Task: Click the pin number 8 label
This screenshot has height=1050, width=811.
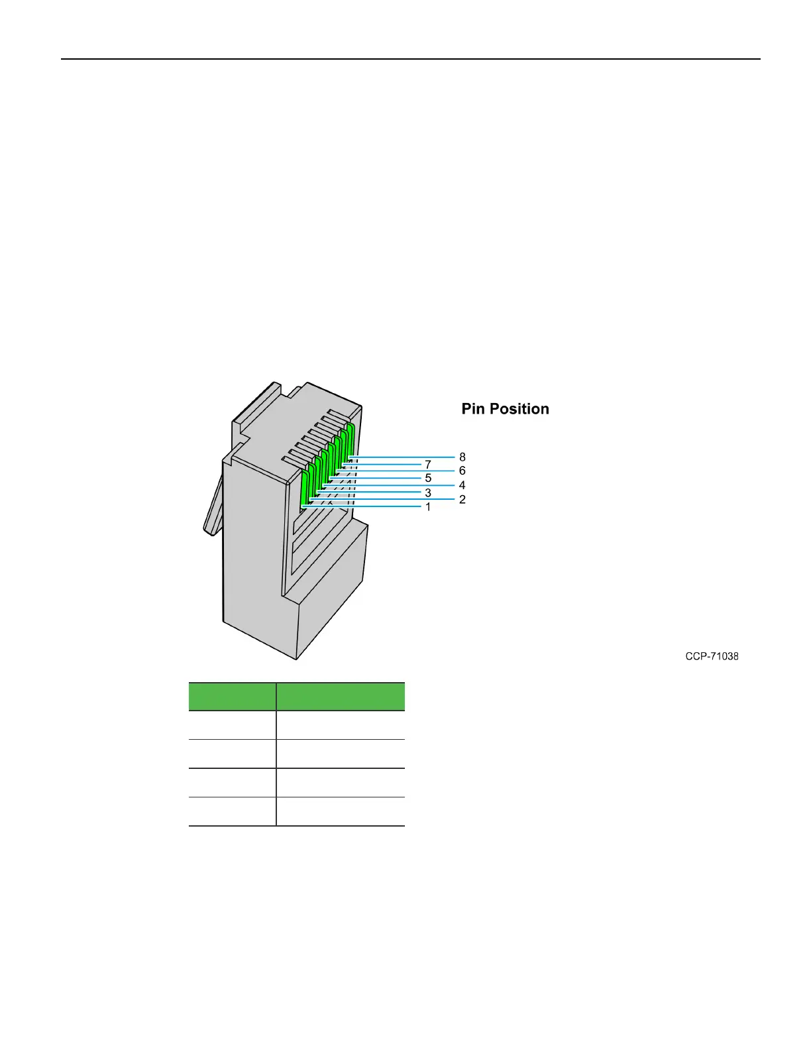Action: [x=462, y=457]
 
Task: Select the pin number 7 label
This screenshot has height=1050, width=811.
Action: [x=428, y=465]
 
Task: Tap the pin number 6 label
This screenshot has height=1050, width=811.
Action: [x=462, y=471]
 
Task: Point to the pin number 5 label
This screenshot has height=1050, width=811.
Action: [x=428, y=478]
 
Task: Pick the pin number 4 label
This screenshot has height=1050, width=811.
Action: [x=462, y=485]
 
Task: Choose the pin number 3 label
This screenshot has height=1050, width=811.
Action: [x=428, y=493]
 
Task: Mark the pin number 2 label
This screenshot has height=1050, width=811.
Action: [x=462, y=499]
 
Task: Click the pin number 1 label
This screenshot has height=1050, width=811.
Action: [x=428, y=507]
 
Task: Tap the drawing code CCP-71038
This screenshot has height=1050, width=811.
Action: [x=712, y=656]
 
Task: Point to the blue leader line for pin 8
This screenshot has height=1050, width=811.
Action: [x=404, y=457]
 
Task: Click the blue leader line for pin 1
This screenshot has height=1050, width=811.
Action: [x=371, y=507]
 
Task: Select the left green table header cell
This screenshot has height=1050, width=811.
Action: [x=232, y=697]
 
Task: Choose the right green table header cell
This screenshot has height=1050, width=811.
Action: [x=341, y=697]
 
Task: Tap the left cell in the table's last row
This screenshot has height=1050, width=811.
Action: [x=232, y=811]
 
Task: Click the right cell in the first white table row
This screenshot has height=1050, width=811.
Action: [x=341, y=725]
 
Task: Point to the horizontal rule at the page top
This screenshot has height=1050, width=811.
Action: [x=411, y=59]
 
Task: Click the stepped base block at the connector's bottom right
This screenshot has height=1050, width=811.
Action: [x=331, y=597]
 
